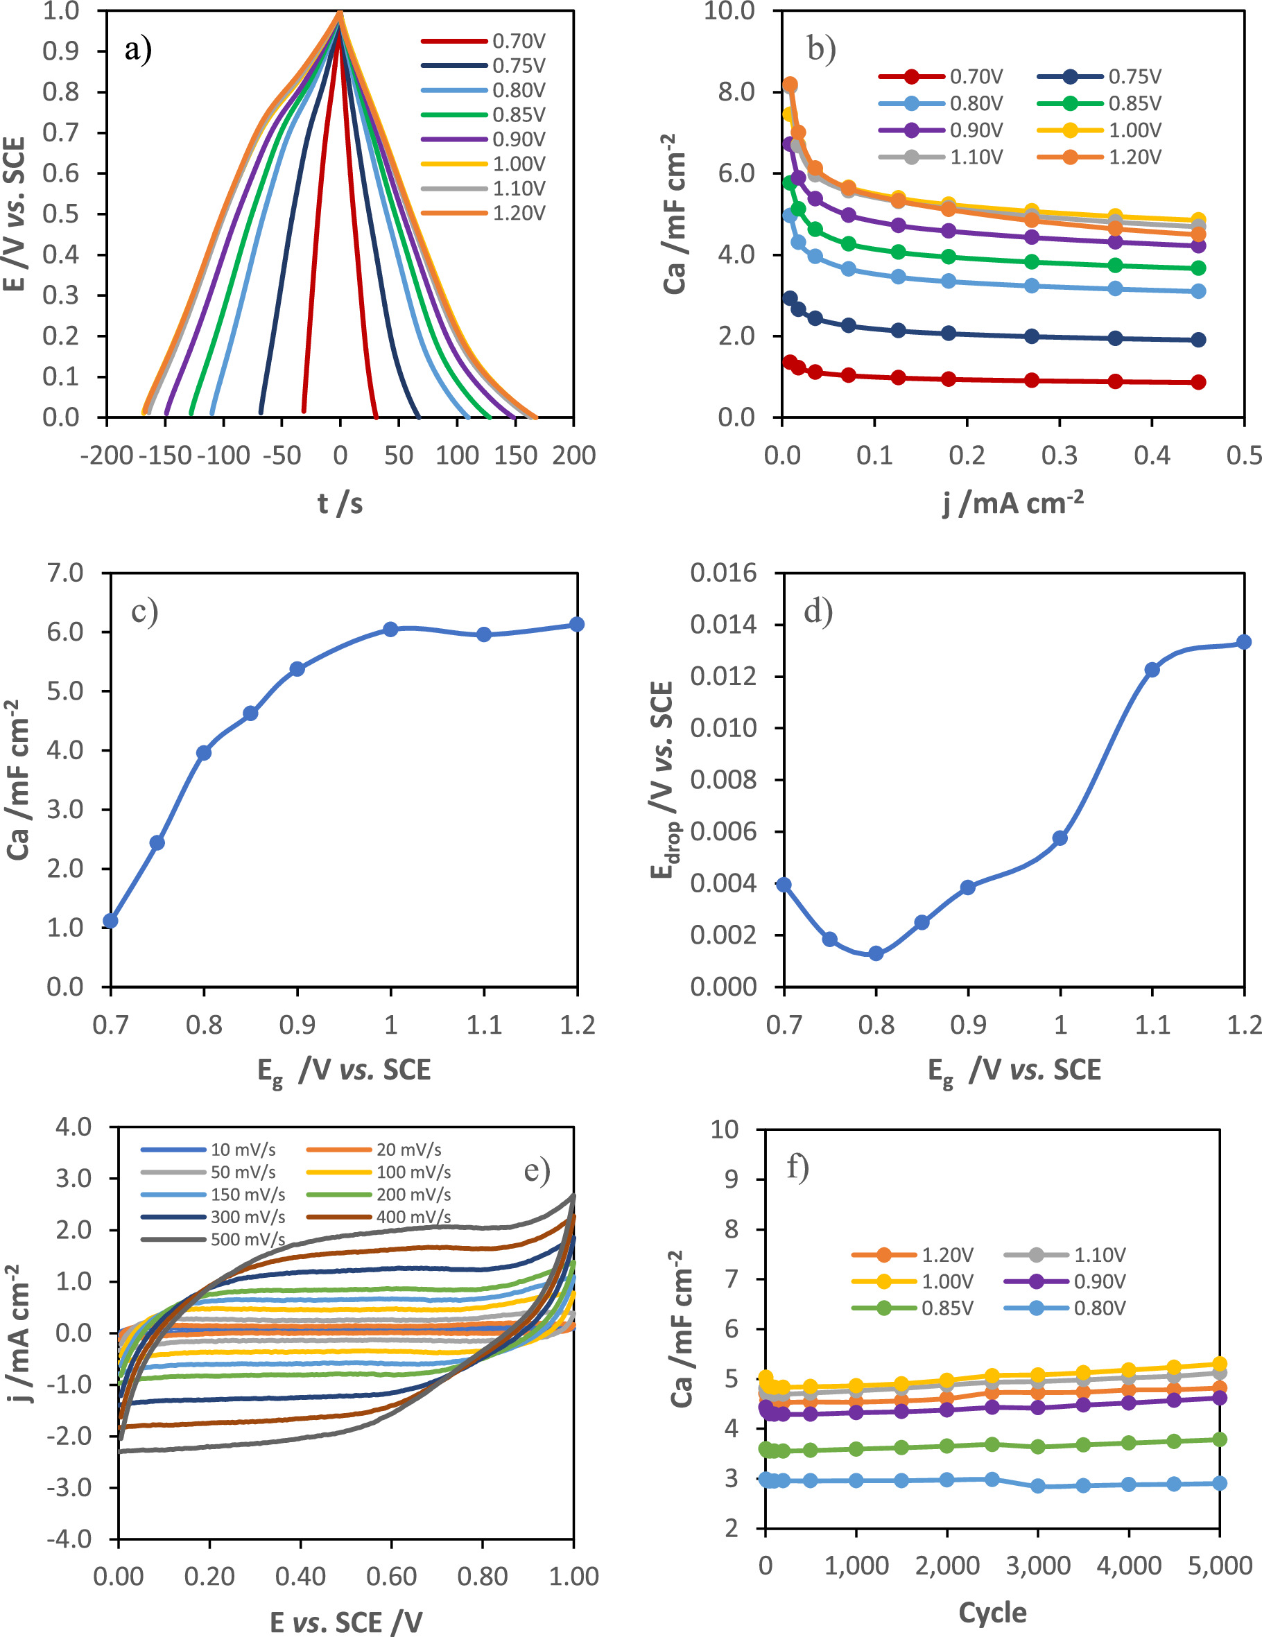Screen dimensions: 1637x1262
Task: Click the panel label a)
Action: click(x=138, y=49)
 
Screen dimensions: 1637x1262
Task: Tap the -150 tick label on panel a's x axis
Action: click(x=165, y=455)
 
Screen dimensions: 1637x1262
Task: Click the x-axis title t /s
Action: click(x=340, y=503)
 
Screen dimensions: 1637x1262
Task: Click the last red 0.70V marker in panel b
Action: click(x=1198, y=382)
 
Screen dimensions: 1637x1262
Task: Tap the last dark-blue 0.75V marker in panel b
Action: click(x=1198, y=340)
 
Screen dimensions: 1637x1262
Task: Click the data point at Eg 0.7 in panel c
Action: click(x=111, y=921)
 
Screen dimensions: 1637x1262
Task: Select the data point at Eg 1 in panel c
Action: click(x=390, y=629)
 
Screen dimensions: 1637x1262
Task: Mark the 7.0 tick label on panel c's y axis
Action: click(x=65, y=573)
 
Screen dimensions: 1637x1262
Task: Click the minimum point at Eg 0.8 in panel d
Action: click(x=876, y=953)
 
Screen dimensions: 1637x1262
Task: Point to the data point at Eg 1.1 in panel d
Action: click(x=1152, y=669)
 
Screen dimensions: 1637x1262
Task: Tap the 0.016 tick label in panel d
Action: click(x=723, y=573)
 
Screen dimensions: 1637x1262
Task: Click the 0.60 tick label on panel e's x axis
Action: click(x=390, y=1576)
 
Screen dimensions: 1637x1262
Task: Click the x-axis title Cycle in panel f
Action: click(x=992, y=1612)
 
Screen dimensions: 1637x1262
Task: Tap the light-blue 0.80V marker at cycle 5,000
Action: click(x=1220, y=1483)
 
